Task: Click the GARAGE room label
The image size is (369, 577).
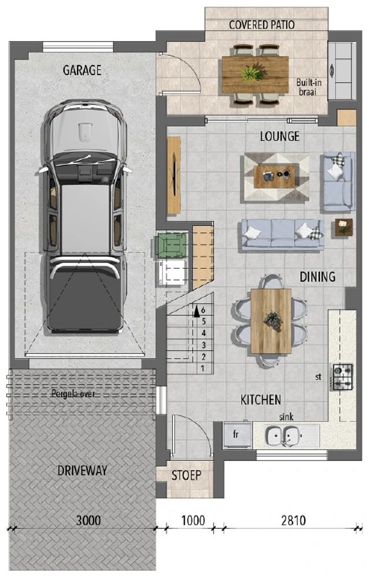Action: [82, 70]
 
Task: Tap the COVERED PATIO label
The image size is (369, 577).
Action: [261, 25]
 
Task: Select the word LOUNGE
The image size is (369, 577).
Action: [280, 136]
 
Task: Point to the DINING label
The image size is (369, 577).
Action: [318, 276]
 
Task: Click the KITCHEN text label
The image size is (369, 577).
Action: [261, 400]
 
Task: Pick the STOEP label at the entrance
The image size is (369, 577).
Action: [186, 475]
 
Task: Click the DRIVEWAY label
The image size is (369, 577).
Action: [82, 470]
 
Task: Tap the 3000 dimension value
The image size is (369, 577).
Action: [88, 520]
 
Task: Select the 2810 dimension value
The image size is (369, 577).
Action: [293, 520]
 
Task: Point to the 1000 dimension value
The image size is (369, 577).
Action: [193, 520]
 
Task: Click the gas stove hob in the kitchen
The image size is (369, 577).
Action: [342, 377]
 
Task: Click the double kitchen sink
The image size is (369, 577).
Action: [286, 436]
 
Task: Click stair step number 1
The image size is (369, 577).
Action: [202, 368]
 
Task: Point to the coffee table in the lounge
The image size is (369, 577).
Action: [275, 177]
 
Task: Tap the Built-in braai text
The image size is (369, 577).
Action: [308, 87]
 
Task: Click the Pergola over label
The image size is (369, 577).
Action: [73, 394]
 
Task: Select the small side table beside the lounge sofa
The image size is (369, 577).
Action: [344, 228]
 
